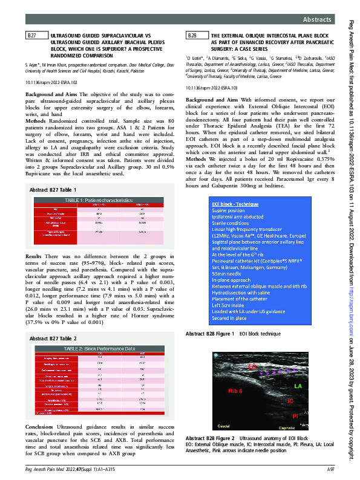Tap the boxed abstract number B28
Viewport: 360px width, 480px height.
click(192, 37)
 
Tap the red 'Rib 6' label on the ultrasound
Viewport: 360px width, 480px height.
click(237, 391)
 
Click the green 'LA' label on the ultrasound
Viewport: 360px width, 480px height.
click(297, 385)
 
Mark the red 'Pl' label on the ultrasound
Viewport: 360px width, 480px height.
click(295, 417)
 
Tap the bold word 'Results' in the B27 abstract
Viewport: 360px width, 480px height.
click(34, 258)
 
